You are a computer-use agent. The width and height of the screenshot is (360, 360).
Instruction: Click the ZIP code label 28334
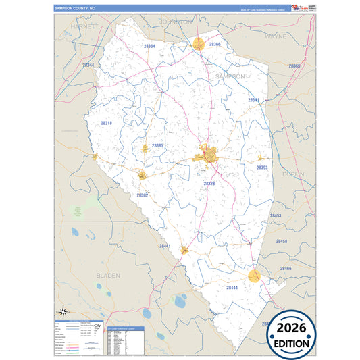coord(150,46)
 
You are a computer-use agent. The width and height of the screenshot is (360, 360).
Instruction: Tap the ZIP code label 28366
coord(215,44)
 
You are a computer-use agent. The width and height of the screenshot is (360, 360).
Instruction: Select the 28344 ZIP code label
coord(88,65)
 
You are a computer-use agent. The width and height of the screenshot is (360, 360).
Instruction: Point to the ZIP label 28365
coord(294,66)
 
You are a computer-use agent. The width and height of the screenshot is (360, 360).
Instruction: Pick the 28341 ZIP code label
coord(253,100)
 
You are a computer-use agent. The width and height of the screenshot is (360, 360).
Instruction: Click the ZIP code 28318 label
coord(106,123)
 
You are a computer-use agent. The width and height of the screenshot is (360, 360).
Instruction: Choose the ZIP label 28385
coord(157,145)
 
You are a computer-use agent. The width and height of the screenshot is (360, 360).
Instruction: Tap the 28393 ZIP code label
coord(262,168)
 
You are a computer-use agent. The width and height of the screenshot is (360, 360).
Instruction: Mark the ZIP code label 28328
coord(209,183)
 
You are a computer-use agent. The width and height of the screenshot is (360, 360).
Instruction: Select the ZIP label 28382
coord(143,195)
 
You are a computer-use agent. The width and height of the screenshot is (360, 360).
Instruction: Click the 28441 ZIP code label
coord(165,247)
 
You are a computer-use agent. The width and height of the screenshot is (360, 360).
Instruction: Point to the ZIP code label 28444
coord(232,287)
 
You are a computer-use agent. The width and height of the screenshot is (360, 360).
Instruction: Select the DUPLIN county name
coord(294,174)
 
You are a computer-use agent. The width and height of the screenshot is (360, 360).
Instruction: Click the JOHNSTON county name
coord(177,22)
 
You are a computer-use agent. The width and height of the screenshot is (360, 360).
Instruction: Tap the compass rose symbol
coord(63,311)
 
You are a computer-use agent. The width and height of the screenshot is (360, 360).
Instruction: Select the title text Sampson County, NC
coord(76,8)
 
